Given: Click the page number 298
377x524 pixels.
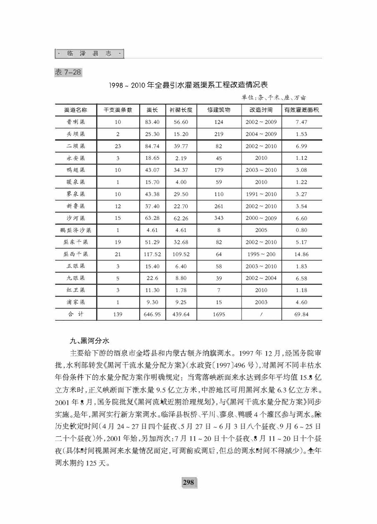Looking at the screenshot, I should coord(188,482).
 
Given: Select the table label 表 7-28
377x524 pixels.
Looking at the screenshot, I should coord(68,72).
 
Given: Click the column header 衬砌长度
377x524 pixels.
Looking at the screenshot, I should coord(181,110).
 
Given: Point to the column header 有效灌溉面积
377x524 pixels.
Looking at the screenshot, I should coord(301,110).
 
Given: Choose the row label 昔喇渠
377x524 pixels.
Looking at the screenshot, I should coord(76,122).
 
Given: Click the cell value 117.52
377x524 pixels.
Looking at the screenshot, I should coord(152,254).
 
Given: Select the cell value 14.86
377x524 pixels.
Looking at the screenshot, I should coord(301,254).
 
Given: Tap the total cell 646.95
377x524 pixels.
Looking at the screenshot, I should coord(152,314).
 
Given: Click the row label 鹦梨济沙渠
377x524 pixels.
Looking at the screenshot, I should coord(76,230).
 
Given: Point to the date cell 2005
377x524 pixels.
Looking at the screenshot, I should coord(261,230).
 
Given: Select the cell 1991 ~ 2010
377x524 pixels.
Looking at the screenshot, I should coord(261,194).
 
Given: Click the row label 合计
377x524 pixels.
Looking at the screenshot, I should coord(76,314).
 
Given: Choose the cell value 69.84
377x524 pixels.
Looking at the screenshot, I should coord(301,314).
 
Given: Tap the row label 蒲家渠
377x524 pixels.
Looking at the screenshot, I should coord(76,302).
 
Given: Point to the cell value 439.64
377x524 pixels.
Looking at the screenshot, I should coord(181,314).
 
